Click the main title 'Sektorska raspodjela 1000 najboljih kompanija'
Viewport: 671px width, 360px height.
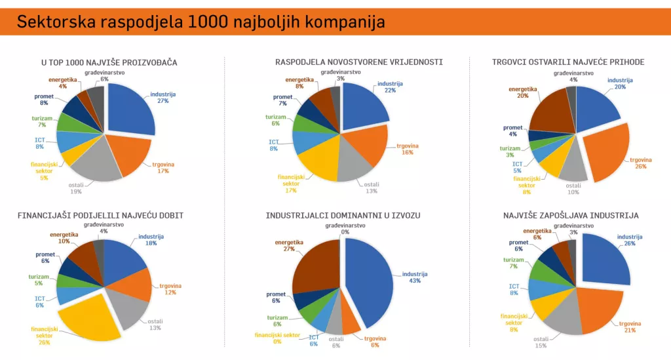coord(201,22)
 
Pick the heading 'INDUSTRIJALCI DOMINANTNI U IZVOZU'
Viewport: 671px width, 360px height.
coord(343,215)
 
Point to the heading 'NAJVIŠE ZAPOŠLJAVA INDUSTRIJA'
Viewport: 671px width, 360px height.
coord(570,215)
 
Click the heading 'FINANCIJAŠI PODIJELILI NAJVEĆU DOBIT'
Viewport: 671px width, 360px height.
coord(100,215)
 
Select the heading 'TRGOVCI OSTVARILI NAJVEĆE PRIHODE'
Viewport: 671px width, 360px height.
coord(568,62)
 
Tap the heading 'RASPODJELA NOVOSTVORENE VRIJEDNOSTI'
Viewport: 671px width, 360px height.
coord(359,62)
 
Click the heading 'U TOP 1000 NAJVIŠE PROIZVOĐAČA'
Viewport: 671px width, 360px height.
coord(109,62)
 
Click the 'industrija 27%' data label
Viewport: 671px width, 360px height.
coord(163,97)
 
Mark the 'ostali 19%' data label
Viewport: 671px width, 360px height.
coord(76,188)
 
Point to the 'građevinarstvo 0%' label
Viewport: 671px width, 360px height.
coord(345,228)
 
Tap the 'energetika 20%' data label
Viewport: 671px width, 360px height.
coord(522,92)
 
